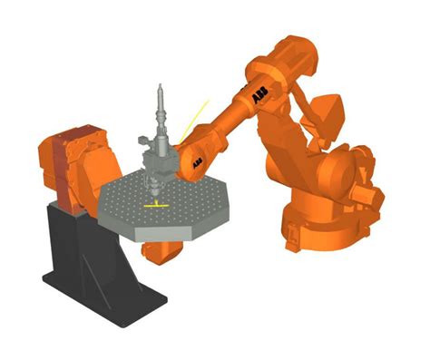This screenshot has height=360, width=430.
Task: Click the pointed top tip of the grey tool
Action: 160,87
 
